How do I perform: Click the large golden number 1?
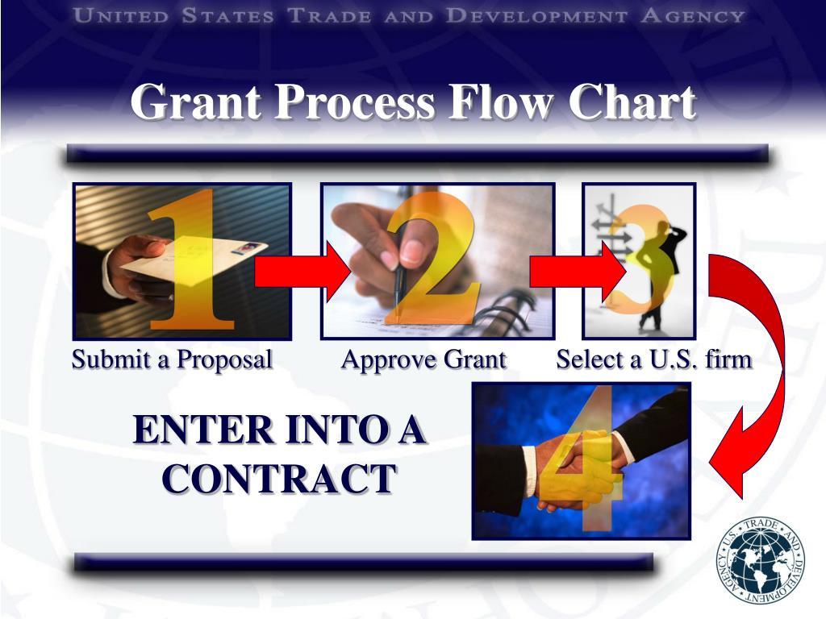click(x=194, y=266)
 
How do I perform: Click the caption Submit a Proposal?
click(x=172, y=359)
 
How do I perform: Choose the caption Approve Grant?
click(x=423, y=359)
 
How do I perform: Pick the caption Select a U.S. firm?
click(x=653, y=359)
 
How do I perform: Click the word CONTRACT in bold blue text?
click(x=279, y=479)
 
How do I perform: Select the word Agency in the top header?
click(x=693, y=15)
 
